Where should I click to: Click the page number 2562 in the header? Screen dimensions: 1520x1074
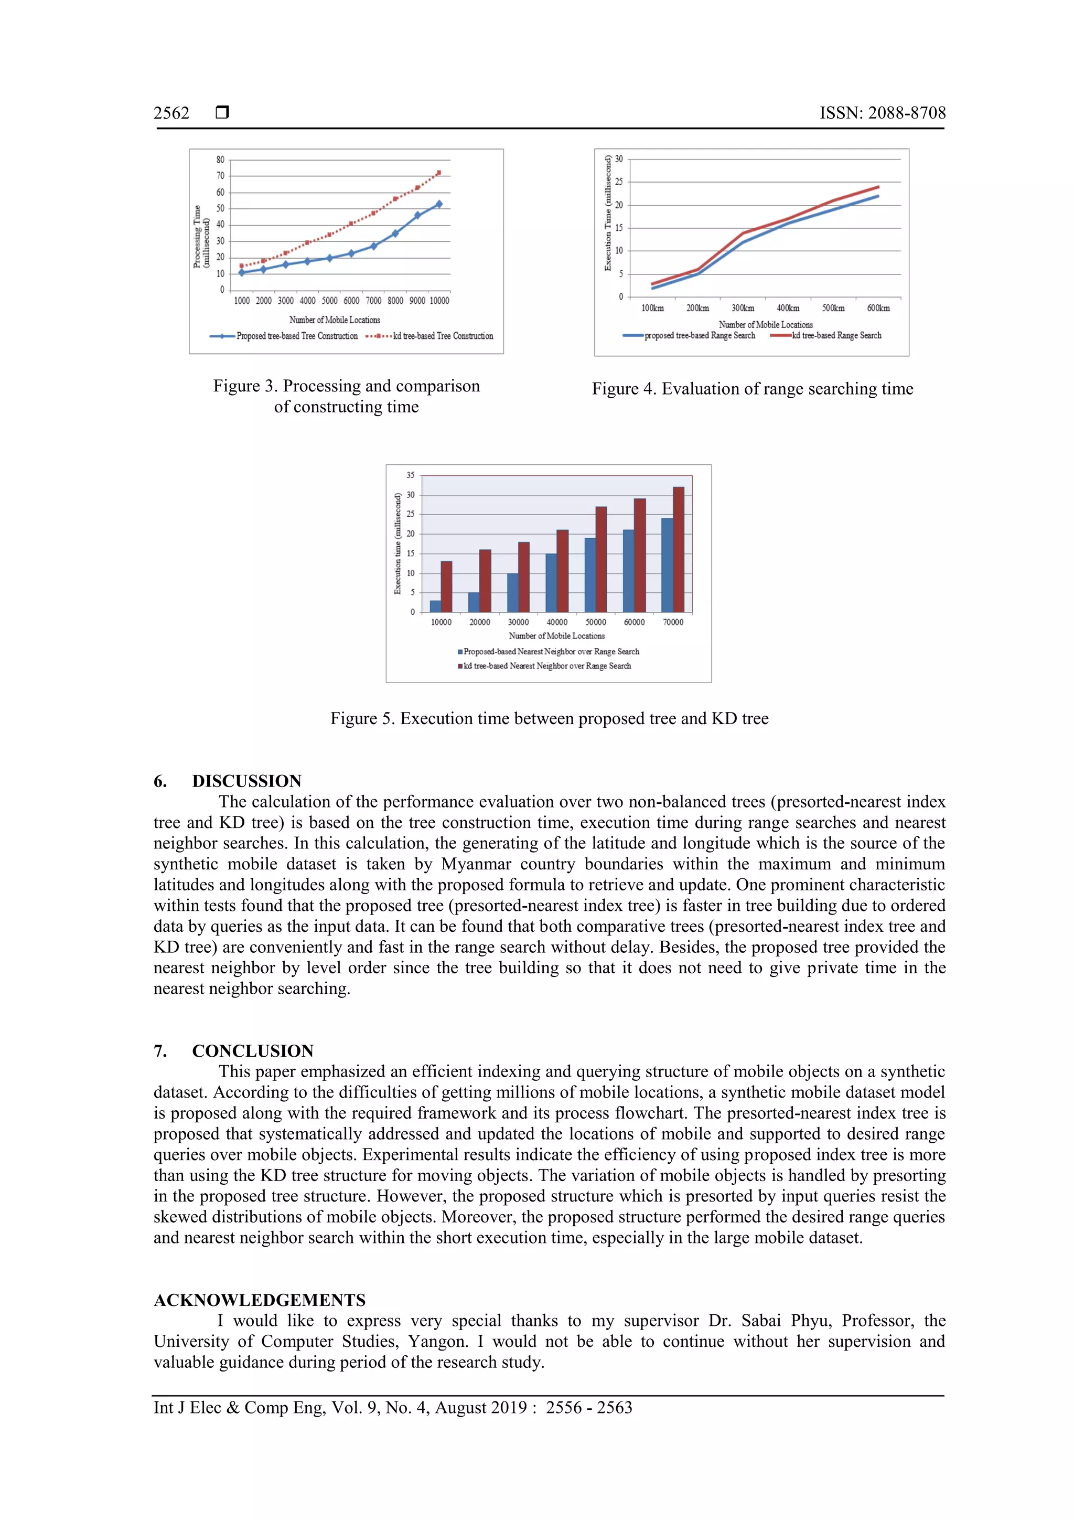click(171, 113)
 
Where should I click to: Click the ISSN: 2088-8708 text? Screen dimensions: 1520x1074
click(882, 113)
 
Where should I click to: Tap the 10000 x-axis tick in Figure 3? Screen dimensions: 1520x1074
click(439, 301)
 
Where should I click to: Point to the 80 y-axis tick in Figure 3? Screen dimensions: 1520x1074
click(220, 160)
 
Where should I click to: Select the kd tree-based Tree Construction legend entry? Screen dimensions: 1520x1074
click(442, 336)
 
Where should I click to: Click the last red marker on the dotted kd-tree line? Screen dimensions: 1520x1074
click(439, 173)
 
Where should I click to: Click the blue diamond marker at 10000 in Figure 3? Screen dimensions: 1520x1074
click(439, 204)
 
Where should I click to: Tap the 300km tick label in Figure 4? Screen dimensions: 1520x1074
click(743, 308)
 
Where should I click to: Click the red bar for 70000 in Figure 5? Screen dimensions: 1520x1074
click(678, 549)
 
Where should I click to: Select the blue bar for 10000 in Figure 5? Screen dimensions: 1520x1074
click(435, 606)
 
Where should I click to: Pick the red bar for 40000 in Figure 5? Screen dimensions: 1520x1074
click(563, 571)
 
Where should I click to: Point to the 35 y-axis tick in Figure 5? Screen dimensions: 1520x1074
click(410, 475)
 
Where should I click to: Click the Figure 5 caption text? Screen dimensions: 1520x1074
click(549, 718)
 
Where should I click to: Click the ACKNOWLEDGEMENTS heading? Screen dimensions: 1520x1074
click(260, 1300)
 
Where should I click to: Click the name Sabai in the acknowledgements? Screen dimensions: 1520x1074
click(760, 1320)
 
